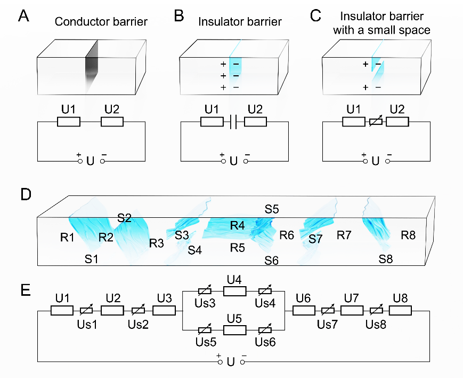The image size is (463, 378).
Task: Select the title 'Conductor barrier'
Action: coord(101,22)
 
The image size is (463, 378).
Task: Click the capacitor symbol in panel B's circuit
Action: coord(232,122)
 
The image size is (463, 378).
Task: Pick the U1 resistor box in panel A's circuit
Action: coord(69,122)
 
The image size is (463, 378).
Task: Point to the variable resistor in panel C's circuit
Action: coord(376,122)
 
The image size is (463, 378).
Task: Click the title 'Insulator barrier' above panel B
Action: coord(240,22)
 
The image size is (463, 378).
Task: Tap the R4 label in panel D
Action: coord(238,226)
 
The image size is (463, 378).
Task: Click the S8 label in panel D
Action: coord(386,259)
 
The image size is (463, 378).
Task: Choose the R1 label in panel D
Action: coord(67,237)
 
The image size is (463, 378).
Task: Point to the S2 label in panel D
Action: coord(125,218)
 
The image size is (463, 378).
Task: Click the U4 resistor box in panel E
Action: coord(234,291)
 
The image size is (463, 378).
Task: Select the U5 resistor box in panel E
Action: coord(234,328)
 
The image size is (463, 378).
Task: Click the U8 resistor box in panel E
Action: coord(400,310)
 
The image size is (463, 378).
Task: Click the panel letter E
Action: coord(25,290)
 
